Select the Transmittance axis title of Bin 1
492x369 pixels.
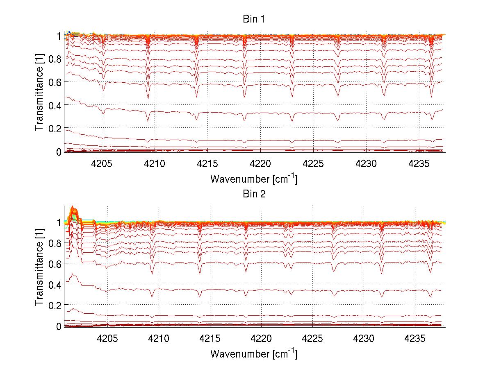(39, 93)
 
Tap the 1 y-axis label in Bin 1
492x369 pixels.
(59, 36)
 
